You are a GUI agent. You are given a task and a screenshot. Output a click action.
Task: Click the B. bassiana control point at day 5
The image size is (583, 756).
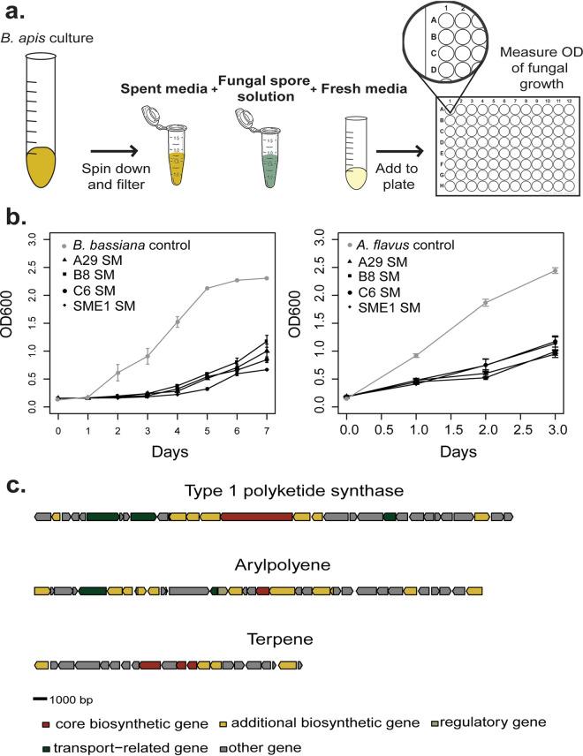(x=207, y=288)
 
